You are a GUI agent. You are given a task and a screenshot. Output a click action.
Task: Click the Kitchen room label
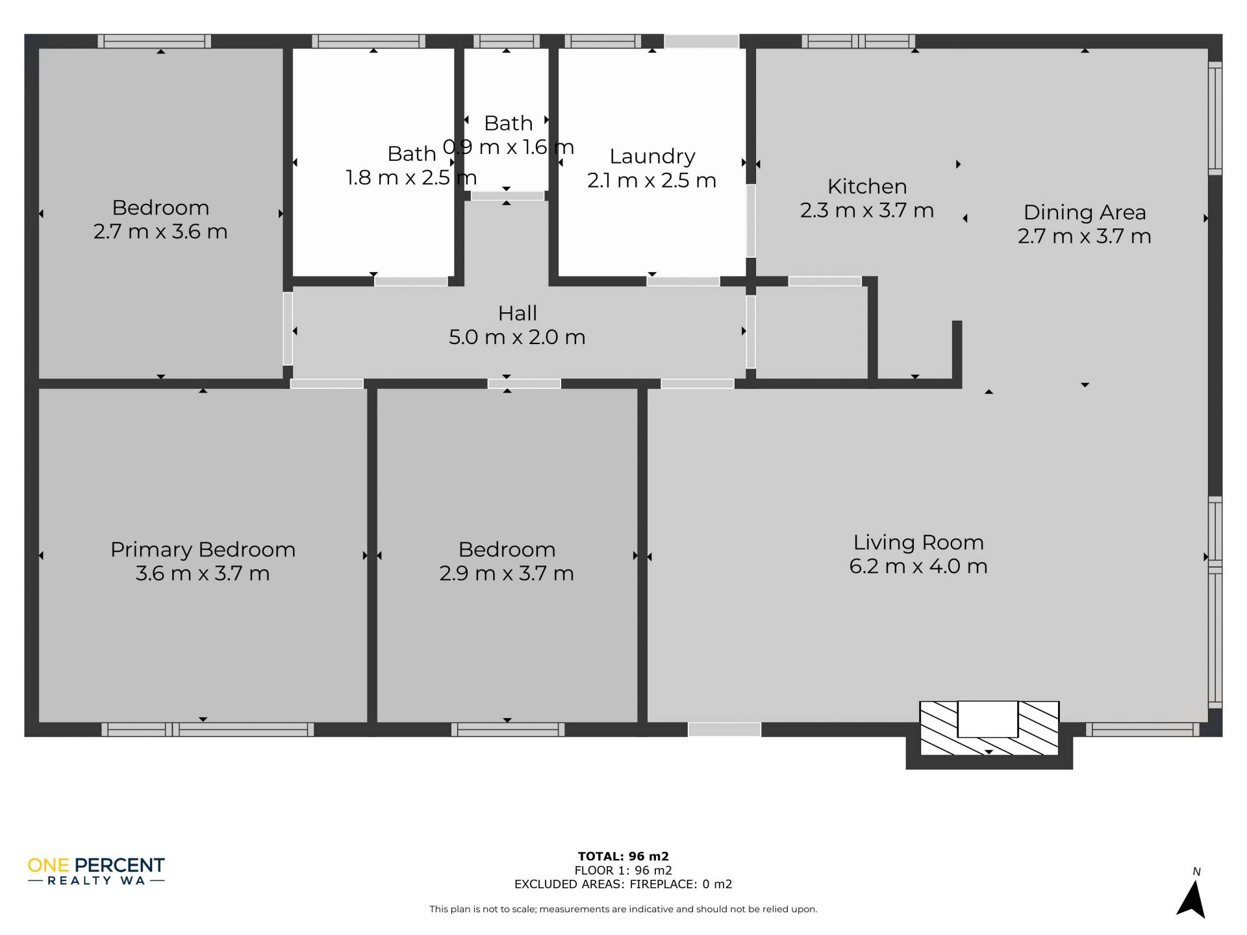coord(867,186)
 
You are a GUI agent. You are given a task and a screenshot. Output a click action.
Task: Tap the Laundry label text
coord(652,156)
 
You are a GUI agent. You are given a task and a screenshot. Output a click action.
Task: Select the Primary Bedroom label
coord(203,549)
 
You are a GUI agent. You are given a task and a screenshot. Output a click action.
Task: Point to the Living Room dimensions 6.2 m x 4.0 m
coord(918,566)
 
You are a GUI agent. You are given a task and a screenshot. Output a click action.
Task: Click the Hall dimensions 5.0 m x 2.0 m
coord(517,337)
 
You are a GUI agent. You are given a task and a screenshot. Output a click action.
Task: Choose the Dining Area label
coord(1085,212)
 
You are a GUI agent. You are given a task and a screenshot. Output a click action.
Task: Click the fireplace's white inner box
coord(988,719)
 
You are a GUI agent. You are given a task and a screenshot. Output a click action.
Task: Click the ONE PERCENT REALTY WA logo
coord(96,871)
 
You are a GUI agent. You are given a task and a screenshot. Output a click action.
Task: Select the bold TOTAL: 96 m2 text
coord(623,856)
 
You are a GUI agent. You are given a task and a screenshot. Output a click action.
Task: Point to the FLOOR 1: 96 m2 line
coord(623,870)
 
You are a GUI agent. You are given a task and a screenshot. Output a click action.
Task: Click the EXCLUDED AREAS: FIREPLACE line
coord(623,884)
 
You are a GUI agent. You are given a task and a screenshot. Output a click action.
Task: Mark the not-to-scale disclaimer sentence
coord(623,909)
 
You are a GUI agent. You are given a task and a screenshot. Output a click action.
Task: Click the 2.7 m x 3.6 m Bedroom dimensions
coord(160,232)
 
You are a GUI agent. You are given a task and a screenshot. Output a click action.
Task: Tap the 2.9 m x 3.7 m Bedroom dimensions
coord(507,573)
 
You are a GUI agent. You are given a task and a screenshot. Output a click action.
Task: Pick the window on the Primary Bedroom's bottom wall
coord(208,729)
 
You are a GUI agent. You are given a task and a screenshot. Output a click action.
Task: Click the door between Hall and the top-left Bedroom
coord(288,329)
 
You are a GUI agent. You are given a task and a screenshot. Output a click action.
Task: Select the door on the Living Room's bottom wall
coord(724,729)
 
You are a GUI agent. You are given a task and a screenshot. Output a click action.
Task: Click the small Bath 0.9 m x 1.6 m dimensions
coord(509,147)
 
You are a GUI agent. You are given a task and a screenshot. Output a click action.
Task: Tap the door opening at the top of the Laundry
coord(701,41)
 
